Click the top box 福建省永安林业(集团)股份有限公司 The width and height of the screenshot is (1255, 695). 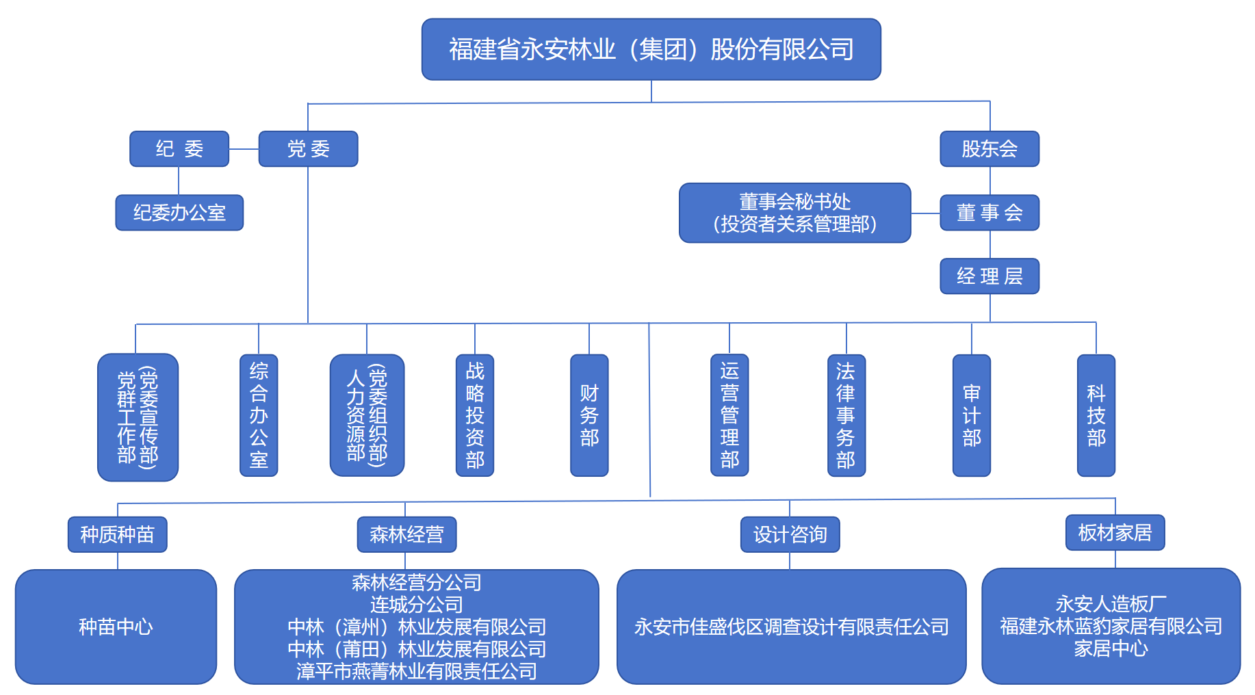pos(651,49)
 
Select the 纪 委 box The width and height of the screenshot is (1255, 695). pos(179,148)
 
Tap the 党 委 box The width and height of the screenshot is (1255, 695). pos(308,148)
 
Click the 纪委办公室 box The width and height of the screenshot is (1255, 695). pos(179,213)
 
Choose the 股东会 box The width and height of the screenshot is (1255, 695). pos(989,148)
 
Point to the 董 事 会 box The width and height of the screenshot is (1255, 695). pos(989,213)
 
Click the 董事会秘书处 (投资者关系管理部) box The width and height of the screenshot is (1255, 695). pos(794,213)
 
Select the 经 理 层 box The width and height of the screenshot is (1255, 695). pos(989,276)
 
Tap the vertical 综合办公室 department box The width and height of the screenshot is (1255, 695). pos(259,415)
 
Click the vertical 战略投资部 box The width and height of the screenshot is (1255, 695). pos(475,415)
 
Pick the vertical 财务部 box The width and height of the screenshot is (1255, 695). pos(589,415)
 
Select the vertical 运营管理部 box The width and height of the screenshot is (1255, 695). pos(729,415)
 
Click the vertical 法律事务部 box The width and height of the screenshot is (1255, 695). pos(846,415)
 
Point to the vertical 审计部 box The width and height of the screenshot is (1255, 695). pos(972,415)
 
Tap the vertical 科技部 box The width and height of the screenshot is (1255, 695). pos(1096,415)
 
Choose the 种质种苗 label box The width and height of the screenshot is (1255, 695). pos(118,534)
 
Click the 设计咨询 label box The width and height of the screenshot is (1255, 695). pos(790,534)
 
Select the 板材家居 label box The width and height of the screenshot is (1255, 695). pos(1115,532)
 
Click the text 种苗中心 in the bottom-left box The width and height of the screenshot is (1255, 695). pos(116,627)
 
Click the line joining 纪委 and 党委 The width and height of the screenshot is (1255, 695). pos(244,149)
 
